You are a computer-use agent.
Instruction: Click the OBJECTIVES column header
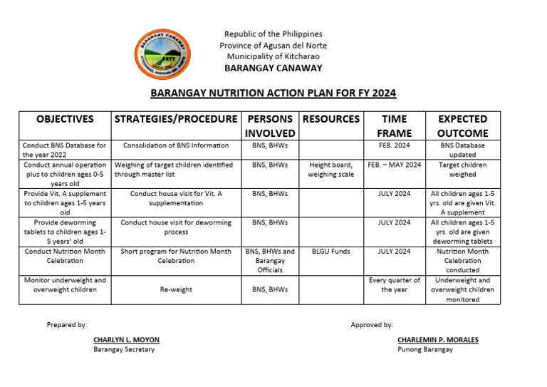click(x=65, y=119)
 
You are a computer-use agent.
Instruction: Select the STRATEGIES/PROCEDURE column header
click(x=175, y=119)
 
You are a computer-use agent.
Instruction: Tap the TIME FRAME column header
click(x=395, y=125)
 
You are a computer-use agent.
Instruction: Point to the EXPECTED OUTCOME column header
click(x=462, y=125)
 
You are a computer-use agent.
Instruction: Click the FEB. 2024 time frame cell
click(x=395, y=145)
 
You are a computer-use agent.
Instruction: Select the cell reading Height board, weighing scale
click(x=331, y=170)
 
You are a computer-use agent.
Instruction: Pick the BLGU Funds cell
click(x=331, y=252)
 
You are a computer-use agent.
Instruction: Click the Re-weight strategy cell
click(x=176, y=290)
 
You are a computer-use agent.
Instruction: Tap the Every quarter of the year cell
click(x=395, y=285)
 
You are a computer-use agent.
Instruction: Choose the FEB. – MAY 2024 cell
click(x=395, y=165)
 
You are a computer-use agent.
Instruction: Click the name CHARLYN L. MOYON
click(x=126, y=340)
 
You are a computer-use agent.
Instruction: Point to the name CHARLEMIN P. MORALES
click(x=437, y=340)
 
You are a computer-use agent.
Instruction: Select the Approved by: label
click(x=372, y=324)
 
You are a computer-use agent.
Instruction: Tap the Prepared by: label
click(x=67, y=324)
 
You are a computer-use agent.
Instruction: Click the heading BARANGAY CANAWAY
click(x=273, y=68)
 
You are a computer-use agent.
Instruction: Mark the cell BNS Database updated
click(x=462, y=150)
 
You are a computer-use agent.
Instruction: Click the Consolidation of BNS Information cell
click(x=176, y=145)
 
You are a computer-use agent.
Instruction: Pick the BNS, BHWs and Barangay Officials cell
click(x=270, y=261)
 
